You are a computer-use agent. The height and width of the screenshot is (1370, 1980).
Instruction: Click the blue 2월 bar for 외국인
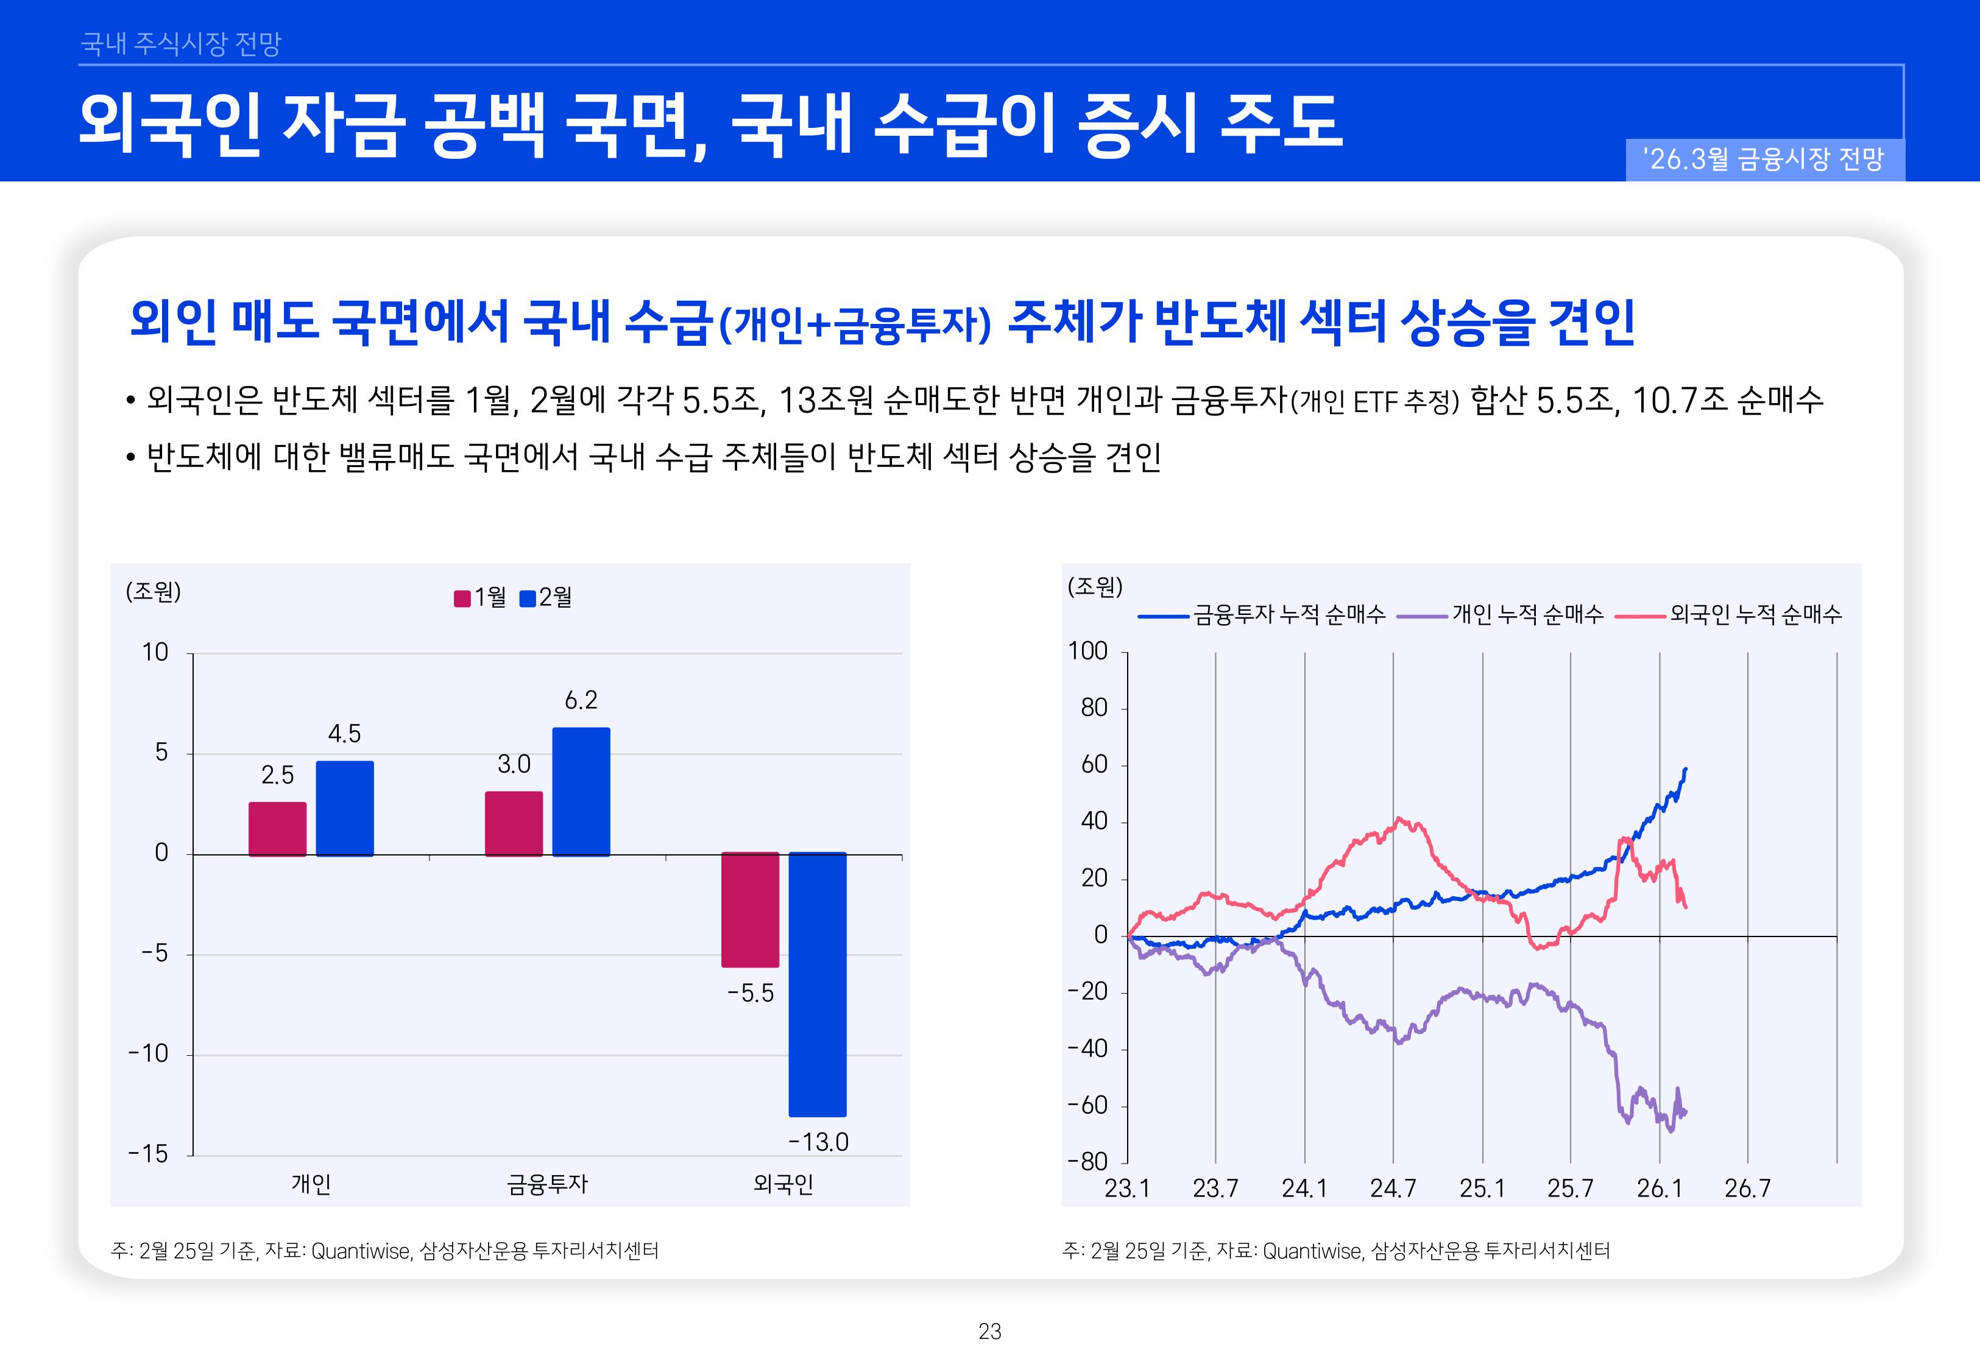tap(818, 984)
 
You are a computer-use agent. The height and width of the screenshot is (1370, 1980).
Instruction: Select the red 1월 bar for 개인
tap(277, 829)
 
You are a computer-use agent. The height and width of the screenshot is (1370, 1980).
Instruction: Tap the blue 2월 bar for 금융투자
tap(581, 792)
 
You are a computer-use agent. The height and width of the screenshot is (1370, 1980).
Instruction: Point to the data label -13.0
tap(818, 1142)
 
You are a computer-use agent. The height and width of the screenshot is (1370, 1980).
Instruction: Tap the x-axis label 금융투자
tap(547, 1184)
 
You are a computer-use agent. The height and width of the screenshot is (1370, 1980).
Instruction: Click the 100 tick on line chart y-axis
tap(1088, 652)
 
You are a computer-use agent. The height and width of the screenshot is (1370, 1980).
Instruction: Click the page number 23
tap(990, 1332)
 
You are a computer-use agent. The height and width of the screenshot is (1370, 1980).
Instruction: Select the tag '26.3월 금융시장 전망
tap(1764, 160)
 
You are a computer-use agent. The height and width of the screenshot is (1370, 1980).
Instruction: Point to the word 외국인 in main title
tap(169, 124)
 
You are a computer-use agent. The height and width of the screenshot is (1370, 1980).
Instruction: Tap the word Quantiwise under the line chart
tap(1312, 1251)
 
